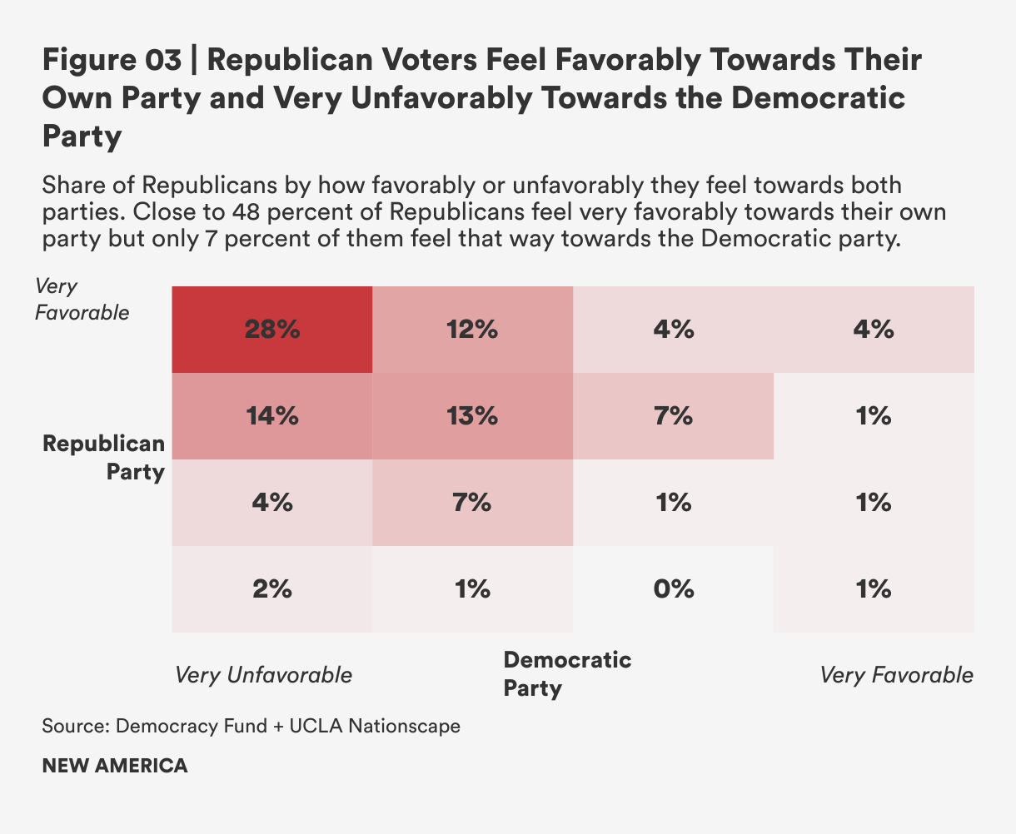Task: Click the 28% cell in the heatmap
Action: point(272,330)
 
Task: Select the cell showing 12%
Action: point(472,330)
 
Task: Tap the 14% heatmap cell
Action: point(272,416)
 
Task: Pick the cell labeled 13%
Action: point(472,416)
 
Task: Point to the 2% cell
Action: point(272,589)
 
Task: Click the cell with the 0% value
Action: point(673,589)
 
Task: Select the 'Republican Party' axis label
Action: point(104,458)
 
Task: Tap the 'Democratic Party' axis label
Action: point(567,674)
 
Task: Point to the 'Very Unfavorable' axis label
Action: point(263,674)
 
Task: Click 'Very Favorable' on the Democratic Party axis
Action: point(896,674)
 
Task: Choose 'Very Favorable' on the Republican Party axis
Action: point(82,300)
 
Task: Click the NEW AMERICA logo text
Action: point(115,766)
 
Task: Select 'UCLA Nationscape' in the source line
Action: point(375,726)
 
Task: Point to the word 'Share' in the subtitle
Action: point(66,184)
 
